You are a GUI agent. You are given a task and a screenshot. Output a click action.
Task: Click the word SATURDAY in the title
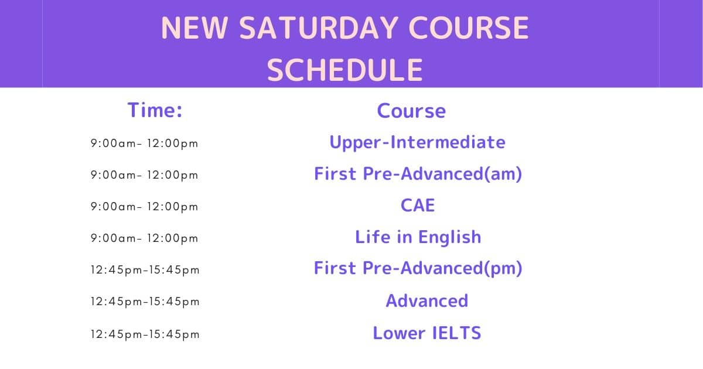click(319, 28)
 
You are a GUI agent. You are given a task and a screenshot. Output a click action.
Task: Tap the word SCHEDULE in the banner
click(345, 70)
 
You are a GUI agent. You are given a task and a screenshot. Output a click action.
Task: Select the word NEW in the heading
click(194, 28)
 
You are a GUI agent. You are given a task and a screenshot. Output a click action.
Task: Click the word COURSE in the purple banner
click(469, 28)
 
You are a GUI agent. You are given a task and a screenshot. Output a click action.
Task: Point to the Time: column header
click(155, 110)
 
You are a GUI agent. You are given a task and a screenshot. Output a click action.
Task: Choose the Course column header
click(411, 111)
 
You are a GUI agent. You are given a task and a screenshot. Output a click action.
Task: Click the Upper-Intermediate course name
click(417, 143)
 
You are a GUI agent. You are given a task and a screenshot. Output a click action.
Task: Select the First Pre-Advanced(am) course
click(418, 174)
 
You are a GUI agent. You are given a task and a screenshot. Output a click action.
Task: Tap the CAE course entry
click(418, 206)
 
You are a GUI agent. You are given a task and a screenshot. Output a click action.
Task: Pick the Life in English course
click(418, 237)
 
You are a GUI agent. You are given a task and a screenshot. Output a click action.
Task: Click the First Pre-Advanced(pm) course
click(418, 269)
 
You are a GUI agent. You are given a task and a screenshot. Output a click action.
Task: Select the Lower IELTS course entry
click(427, 333)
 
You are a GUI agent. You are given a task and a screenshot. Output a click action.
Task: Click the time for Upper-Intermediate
click(144, 143)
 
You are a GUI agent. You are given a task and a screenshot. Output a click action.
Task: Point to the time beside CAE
click(144, 207)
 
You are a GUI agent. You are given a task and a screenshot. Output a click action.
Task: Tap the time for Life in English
click(144, 238)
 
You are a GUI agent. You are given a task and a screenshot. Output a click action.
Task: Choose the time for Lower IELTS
click(145, 334)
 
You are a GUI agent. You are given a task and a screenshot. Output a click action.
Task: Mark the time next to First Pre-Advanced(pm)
click(145, 270)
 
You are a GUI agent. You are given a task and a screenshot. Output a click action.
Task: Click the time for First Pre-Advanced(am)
click(144, 175)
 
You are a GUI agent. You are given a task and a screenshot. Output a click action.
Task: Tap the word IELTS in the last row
click(456, 333)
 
